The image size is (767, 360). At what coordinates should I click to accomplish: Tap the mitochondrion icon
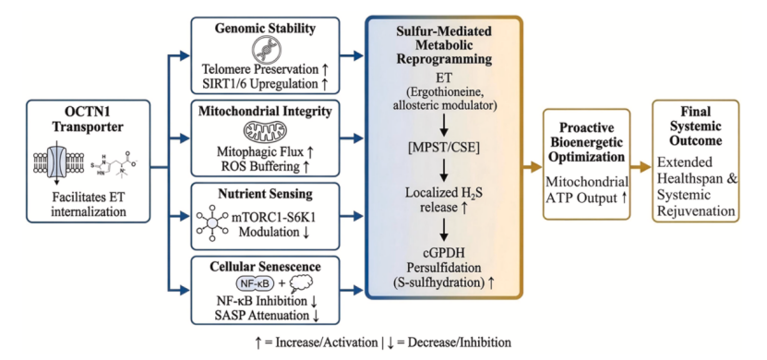[265, 133]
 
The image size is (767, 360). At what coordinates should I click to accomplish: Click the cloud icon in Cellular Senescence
[299, 283]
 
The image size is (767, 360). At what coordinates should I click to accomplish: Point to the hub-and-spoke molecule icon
[211, 223]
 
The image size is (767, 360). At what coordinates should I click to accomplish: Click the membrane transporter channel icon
[56, 162]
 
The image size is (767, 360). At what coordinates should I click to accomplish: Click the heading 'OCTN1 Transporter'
[88, 119]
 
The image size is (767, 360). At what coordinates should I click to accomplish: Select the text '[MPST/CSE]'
[444, 147]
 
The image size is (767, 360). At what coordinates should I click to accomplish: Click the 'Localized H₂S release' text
[444, 200]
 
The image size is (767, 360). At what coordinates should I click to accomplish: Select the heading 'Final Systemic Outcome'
[696, 126]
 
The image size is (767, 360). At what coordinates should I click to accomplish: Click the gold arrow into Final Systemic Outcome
[641, 168]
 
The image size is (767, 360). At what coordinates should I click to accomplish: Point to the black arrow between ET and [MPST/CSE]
[444, 125]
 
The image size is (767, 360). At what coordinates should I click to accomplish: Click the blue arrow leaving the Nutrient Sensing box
[352, 216]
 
